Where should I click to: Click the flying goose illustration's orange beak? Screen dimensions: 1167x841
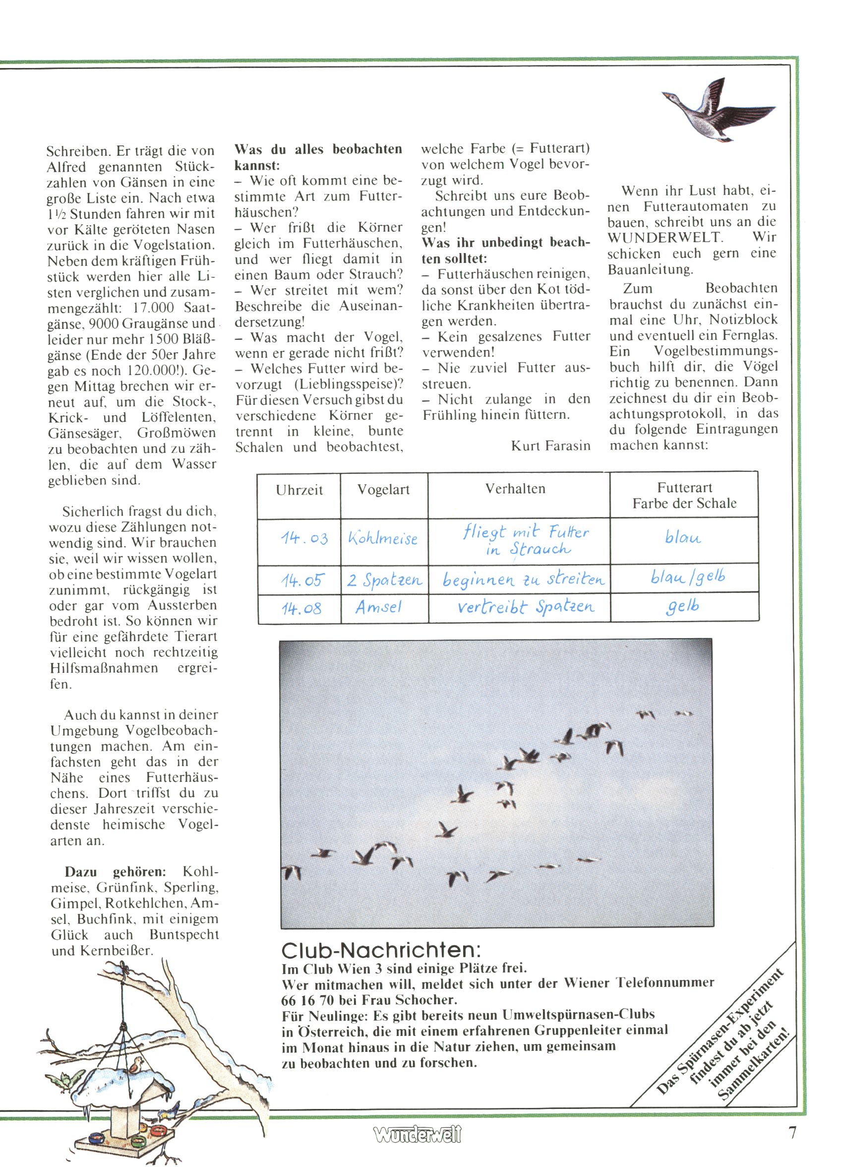coord(666,95)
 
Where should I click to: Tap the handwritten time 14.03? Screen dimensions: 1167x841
coord(304,538)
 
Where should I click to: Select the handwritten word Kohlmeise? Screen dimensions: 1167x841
coord(383,538)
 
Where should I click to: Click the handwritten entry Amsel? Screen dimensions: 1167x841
coord(378,607)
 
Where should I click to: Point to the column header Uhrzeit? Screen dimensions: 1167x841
coord(299,489)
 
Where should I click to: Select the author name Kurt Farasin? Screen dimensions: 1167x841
coord(550,446)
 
